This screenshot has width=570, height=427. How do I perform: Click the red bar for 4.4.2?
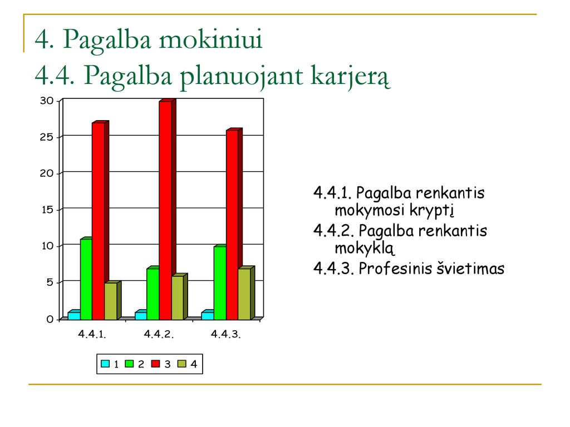167,210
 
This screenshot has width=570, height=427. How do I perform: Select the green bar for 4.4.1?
86,279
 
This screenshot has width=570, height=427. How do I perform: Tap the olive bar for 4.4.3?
247,293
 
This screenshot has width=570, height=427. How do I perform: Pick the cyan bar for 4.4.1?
74,315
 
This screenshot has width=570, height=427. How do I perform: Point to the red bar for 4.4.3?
234,224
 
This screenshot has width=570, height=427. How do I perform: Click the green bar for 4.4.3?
220,282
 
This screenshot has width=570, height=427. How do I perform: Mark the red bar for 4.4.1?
100,220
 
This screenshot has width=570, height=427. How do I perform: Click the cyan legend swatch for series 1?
105,364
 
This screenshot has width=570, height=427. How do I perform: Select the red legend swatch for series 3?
156,364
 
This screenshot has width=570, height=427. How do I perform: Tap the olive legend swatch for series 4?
182,364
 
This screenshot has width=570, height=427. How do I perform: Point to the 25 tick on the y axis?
47,137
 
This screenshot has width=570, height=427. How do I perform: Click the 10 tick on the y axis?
47,246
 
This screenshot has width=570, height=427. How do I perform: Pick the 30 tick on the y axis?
47,101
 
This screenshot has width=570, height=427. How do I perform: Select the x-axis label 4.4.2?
159,334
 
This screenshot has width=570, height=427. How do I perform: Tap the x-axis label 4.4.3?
226,334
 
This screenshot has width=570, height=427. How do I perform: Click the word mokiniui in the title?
211,38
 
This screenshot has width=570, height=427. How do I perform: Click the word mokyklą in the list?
364,249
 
